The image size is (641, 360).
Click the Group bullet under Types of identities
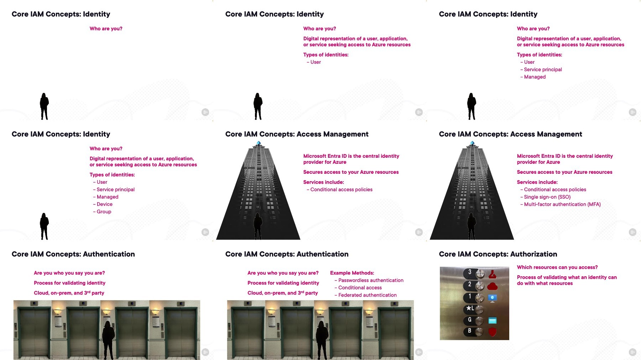tap(102, 212)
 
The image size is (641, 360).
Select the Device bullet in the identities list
tap(103, 204)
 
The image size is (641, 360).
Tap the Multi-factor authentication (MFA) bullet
tap(561, 204)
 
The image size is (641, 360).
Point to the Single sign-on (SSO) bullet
tap(546, 197)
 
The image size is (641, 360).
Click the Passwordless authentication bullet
tap(369, 280)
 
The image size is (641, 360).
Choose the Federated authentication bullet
tap(365, 295)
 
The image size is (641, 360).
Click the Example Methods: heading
tap(352, 273)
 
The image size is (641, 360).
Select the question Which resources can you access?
tap(557, 267)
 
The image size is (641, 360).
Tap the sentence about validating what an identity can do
tap(567, 280)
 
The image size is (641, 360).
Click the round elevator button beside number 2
tap(480, 286)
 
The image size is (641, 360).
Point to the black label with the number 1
tap(469, 297)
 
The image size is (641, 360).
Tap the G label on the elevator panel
tap(469, 320)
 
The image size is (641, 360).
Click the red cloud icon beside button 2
tap(493, 286)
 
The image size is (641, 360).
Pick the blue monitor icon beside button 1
tap(493, 298)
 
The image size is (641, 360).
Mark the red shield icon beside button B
tap(493, 332)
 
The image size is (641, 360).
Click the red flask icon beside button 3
tap(493, 274)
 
